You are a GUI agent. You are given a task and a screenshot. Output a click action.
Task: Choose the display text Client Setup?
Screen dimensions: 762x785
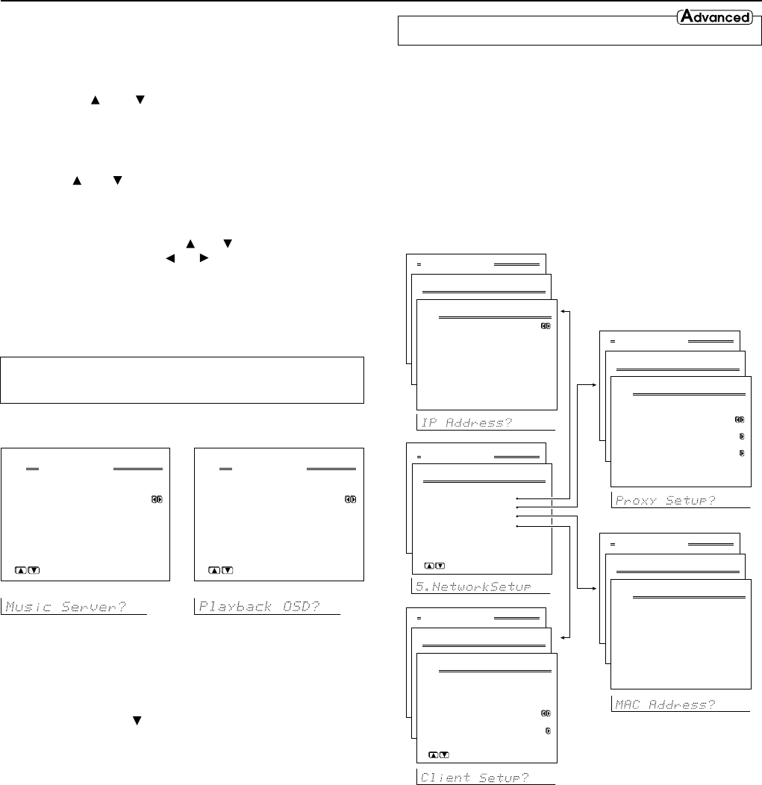(x=475, y=778)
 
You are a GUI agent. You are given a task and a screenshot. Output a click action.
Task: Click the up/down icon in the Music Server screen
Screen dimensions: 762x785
(x=28, y=571)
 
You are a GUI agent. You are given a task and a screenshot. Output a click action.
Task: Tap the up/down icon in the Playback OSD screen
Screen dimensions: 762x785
(x=221, y=571)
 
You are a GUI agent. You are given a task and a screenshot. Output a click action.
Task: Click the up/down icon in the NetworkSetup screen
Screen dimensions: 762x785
(x=434, y=566)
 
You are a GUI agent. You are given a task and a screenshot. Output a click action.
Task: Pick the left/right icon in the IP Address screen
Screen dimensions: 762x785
(x=546, y=326)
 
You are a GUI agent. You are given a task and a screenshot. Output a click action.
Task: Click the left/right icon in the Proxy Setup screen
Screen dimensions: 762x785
(x=739, y=419)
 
